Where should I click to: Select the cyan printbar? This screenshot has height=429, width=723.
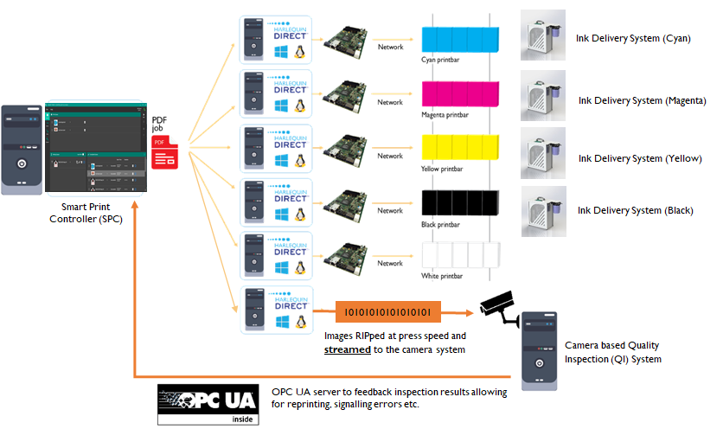459,40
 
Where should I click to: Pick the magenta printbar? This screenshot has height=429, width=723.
459,94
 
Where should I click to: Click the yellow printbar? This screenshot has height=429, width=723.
459,149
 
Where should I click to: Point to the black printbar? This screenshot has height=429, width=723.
459,202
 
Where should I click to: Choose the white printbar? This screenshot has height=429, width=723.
459,256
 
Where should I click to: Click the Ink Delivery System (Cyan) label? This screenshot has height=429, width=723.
633,38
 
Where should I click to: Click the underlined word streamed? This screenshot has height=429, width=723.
348,350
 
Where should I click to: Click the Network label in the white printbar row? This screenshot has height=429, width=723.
390,263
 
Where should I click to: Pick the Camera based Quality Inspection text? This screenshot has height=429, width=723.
619,351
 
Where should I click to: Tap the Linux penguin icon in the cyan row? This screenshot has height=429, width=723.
301,51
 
